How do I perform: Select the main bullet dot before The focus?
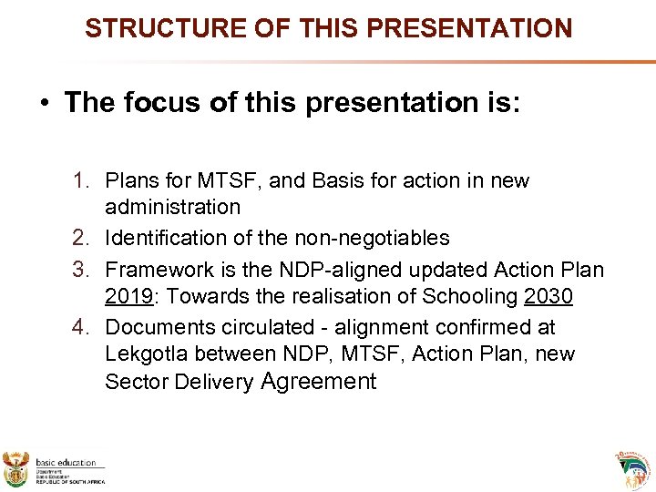[x=44, y=103]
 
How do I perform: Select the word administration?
[x=172, y=207]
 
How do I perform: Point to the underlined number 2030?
[x=548, y=296]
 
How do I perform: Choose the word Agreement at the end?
[x=318, y=381]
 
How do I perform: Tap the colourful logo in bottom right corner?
[x=634, y=468]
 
